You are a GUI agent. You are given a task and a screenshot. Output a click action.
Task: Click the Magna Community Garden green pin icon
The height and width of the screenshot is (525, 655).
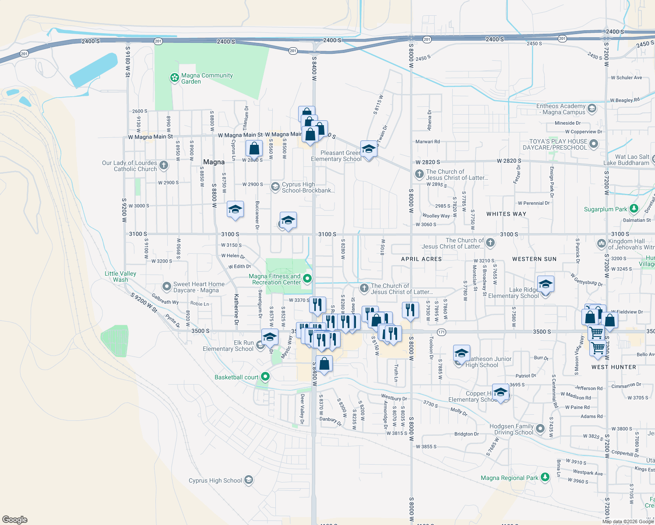[174, 78]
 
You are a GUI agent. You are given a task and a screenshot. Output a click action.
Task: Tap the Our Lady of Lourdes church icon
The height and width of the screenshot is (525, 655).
[164, 165]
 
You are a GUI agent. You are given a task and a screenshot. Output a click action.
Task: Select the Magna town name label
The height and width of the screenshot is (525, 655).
[214, 162]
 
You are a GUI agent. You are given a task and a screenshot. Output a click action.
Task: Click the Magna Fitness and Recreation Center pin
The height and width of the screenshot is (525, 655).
[307, 278]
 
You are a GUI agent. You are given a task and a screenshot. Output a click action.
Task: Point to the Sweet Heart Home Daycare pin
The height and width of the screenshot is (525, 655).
[166, 287]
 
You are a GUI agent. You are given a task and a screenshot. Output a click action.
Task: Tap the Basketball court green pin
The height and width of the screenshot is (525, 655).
[265, 376]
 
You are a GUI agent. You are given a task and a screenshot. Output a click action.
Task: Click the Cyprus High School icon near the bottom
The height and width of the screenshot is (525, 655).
[249, 480]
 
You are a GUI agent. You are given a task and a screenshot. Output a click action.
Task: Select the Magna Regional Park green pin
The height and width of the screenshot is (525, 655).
[545, 477]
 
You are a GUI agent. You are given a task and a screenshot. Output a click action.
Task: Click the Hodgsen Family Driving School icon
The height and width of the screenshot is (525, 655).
[540, 429]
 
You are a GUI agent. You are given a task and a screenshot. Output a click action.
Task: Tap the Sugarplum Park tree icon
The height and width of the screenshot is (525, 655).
[634, 209]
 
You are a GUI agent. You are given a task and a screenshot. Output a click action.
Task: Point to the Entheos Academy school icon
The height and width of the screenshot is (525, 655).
[592, 108]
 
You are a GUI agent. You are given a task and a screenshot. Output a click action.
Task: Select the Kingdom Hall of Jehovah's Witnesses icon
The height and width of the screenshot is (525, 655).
[602, 243]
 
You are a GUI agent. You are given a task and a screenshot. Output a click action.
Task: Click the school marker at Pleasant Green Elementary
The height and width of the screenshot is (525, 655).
[369, 149]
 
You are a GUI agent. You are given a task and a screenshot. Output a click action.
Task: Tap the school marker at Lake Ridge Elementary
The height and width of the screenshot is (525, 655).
[545, 285]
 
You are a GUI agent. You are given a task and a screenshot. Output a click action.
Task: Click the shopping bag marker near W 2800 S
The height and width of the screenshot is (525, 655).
[254, 149]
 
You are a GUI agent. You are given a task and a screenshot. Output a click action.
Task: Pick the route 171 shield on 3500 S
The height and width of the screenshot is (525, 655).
[441, 332]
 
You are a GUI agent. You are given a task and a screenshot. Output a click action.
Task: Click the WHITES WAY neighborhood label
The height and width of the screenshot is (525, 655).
[506, 214]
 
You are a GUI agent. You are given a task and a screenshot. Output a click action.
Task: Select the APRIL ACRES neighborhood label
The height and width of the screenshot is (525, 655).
[421, 259]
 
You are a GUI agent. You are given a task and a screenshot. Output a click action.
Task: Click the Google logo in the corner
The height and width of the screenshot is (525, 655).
[15, 519]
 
